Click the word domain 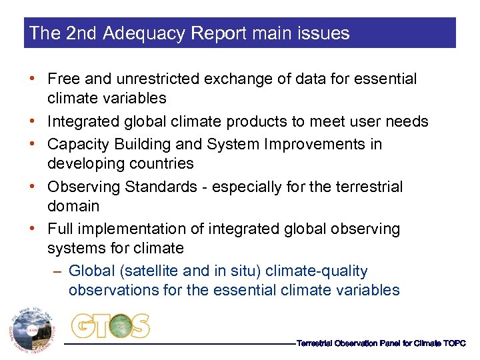73,206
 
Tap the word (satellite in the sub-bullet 145,271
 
